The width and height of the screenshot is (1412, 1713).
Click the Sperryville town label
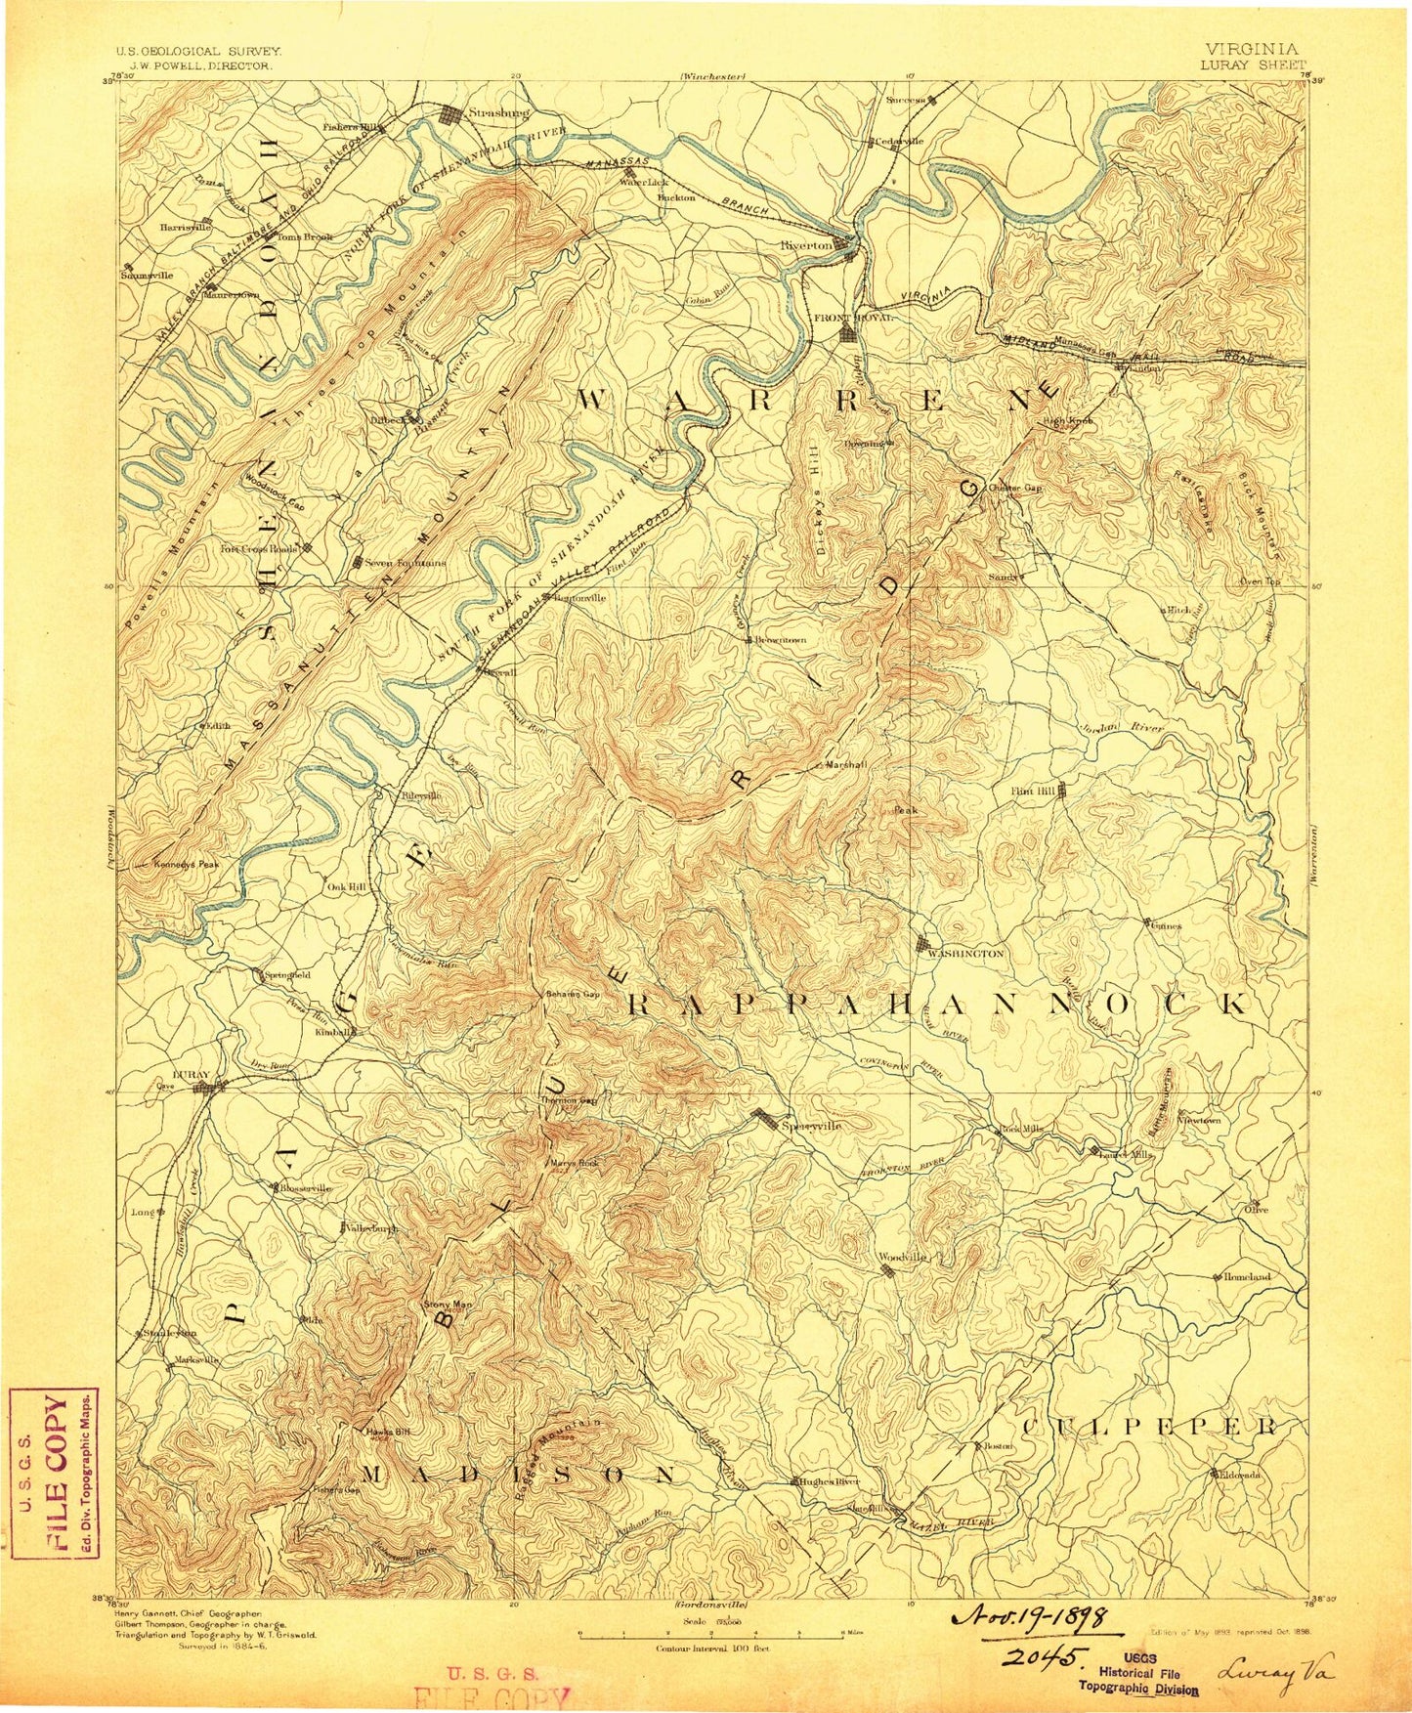(811, 1126)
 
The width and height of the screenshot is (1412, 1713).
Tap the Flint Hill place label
(1034, 792)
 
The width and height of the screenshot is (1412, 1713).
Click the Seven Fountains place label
(405, 563)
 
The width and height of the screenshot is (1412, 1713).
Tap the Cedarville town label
(899, 141)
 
